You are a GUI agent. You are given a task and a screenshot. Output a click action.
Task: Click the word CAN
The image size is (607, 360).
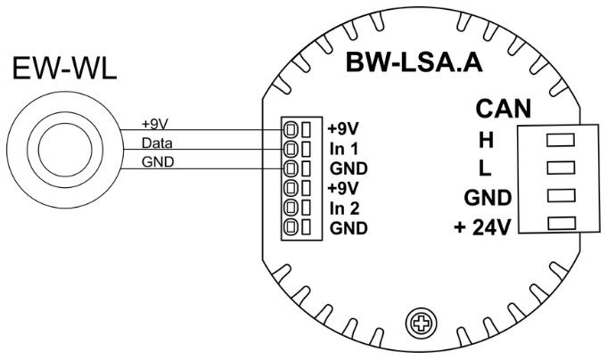pos(504,109)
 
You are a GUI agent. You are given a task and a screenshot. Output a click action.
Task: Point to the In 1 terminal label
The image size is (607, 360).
pos(344,147)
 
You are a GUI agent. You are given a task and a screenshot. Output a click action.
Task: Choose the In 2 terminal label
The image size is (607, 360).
pos(344,209)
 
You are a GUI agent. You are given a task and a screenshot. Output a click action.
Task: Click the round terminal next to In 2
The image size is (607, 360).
pos(291,209)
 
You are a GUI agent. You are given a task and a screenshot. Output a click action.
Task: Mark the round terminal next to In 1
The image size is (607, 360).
pos(291,148)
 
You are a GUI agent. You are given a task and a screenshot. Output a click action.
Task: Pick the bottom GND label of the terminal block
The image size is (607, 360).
pos(349,229)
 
